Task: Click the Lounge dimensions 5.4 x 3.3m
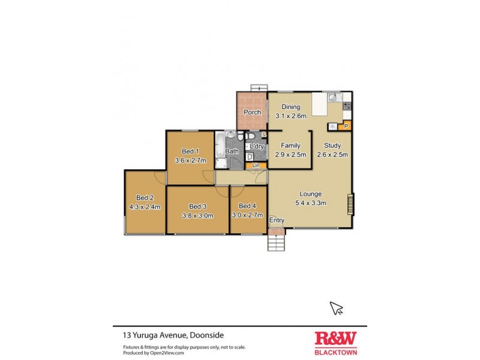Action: point(311,203)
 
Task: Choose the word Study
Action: point(332,145)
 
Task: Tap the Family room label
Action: point(290,146)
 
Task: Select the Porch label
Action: point(252,112)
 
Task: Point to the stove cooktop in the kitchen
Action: point(347,106)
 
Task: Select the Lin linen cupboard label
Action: point(256,165)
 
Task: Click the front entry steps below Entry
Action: point(276,241)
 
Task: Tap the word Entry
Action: point(277,220)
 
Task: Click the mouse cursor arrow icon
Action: point(337,308)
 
